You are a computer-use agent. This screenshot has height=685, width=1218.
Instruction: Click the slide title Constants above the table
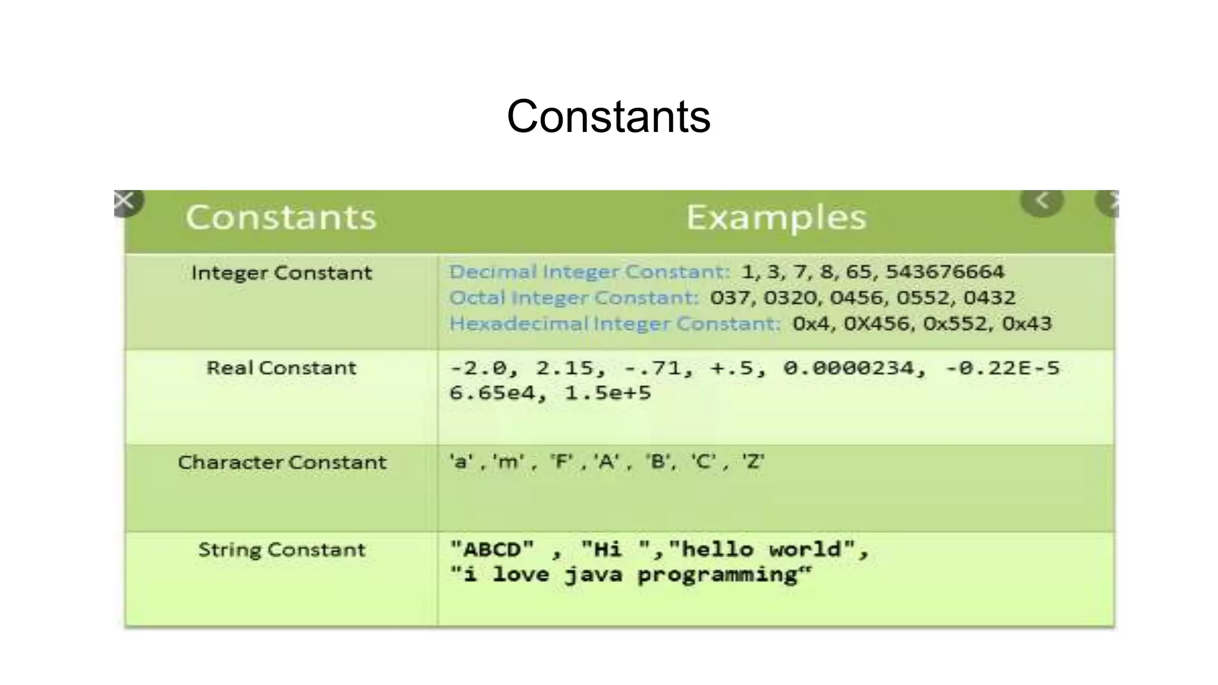coord(608,117)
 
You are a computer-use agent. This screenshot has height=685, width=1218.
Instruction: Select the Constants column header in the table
coord(281,217)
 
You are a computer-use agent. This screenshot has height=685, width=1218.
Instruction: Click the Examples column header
coord(776,217)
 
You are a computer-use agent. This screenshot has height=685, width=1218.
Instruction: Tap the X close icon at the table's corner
coord(124,201)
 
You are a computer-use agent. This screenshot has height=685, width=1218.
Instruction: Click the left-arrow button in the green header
coord(1042,201)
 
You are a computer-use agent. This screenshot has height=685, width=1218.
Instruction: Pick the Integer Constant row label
coord(281,273)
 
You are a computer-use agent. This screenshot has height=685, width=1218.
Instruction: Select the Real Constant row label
coord(281,367)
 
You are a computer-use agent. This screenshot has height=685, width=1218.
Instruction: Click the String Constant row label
coord(281,549)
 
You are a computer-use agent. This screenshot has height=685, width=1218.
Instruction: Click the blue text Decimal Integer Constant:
coord(589,272)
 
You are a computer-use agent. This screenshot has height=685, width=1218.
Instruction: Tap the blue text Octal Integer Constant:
coord(573,297)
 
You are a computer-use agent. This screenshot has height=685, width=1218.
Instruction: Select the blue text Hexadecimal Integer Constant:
coord(614,323)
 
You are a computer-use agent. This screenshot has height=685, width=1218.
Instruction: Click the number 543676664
coord(944,272)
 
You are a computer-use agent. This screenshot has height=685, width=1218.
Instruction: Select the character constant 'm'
coord(507,461)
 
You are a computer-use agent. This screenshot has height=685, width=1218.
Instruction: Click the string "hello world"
coord(762,549)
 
